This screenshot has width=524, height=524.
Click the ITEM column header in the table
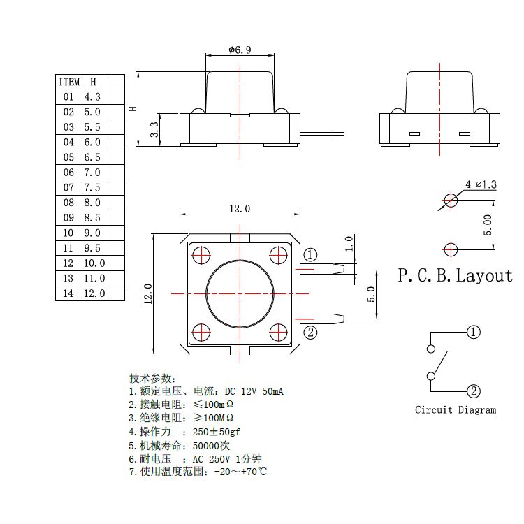coord(68,82)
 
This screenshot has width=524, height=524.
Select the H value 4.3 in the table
coord(93,97)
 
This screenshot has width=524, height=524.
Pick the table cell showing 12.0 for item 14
coord(94,293)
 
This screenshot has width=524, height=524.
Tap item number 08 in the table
coord(68,203)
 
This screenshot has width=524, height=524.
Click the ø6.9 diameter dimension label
coord(240,50)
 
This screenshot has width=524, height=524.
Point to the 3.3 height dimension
coord(154,129)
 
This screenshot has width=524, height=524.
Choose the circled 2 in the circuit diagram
coord(474,391)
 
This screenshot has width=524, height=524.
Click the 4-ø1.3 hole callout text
coord(481,184)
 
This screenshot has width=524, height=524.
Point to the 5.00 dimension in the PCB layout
coord(488,225)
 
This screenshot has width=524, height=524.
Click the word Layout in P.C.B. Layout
coord(484,275)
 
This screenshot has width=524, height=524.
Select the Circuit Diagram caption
coord(456,410)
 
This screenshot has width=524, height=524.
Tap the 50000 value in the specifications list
coord(209,446)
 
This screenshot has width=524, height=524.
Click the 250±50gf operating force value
coord(217,432)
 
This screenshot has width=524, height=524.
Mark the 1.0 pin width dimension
coord(349,243)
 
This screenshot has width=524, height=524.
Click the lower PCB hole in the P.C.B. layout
coord(451,248)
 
